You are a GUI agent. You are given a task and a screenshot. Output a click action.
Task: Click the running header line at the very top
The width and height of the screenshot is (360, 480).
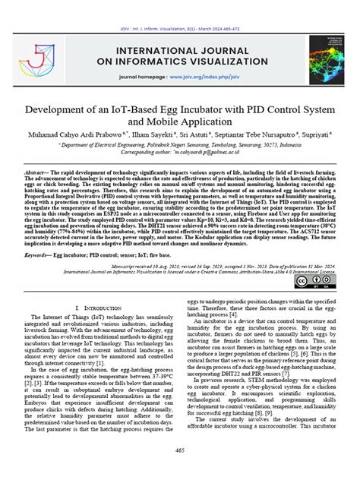point(180,6)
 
